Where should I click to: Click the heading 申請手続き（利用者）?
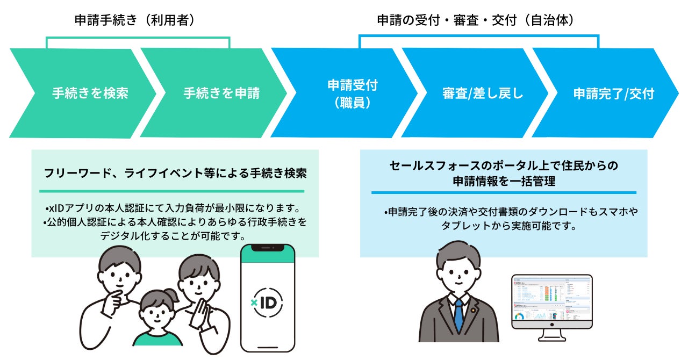pyautogui.click(x=134, y=20)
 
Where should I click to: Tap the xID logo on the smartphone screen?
pyautogui.click(x=267, y=302)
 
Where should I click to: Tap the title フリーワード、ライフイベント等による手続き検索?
pyautogui.click(x=175, y=174)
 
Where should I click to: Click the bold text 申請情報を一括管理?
pyautogui.click(x=504, y=182)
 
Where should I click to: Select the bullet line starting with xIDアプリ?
pyautogui.click(x=172, y=207)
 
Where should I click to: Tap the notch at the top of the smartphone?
pyautogui.click(x=267, y=248)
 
